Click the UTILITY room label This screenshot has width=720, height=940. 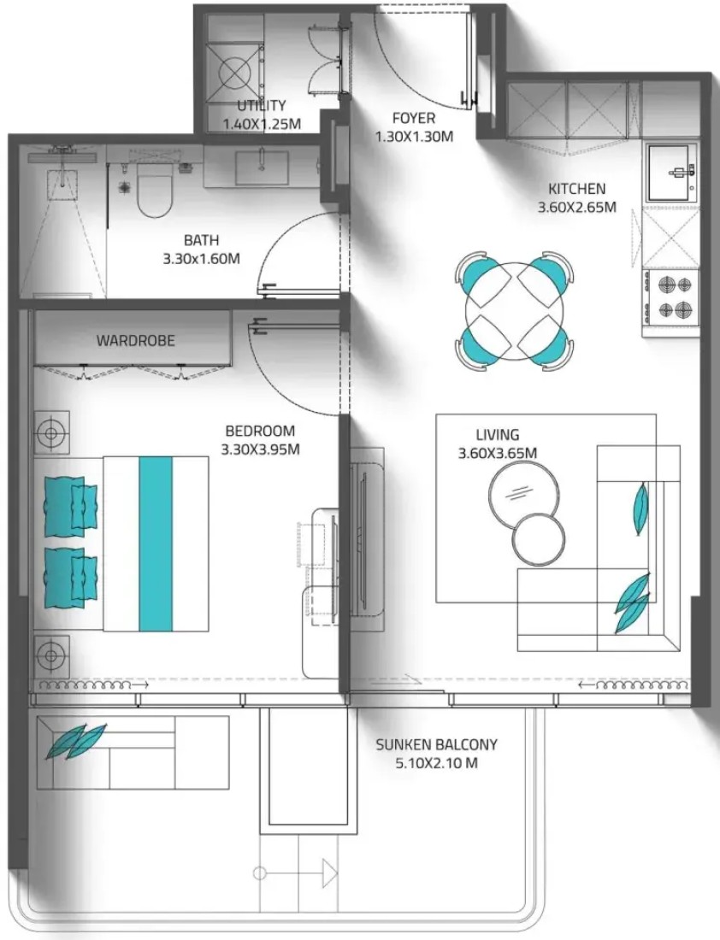261,106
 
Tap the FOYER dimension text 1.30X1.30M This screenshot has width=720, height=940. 414,137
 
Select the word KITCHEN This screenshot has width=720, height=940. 576,189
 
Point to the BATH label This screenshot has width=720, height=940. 202,240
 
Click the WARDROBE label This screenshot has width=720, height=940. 136,340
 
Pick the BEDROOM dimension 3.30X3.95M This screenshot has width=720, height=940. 261,449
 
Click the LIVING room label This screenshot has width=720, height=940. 498,435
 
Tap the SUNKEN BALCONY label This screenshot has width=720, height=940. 437,744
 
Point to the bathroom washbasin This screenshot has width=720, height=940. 262,167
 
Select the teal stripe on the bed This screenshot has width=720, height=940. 156,543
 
